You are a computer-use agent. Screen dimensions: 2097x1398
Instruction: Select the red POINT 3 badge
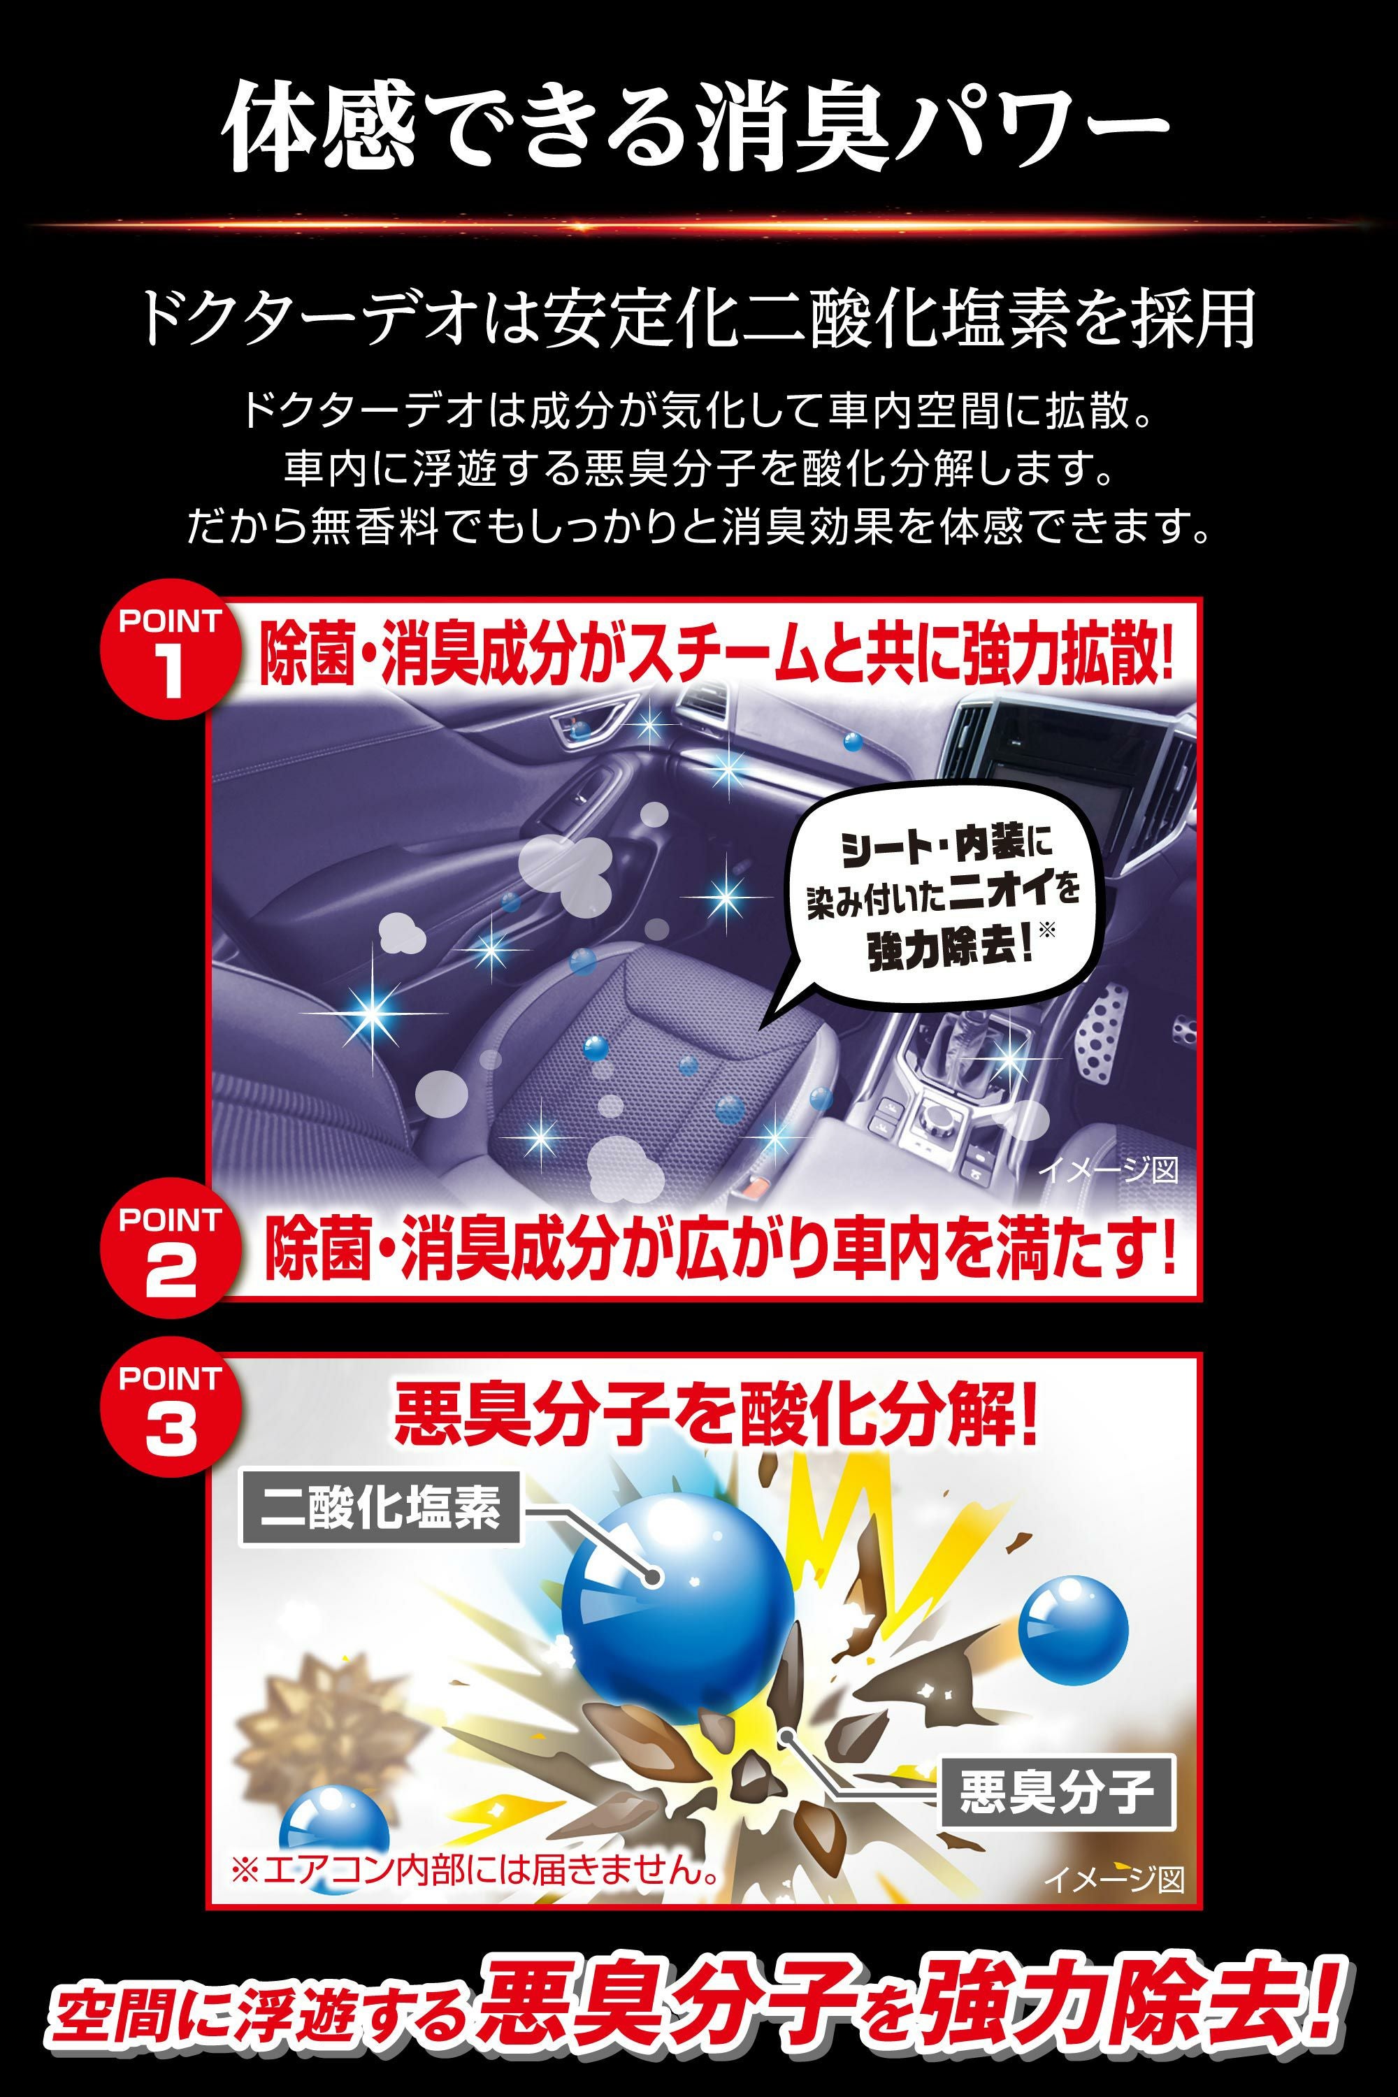pyautogui.click(x=168, y=1408)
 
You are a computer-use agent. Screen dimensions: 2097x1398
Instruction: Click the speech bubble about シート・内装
pyautogui.click(x=936, y=900)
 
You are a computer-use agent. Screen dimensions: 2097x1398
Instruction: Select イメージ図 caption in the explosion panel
pyautogui.click(x=1114, y=1879)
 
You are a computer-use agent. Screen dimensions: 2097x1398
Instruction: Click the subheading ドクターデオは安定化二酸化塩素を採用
pyautogui.click(x=698, y=318)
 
